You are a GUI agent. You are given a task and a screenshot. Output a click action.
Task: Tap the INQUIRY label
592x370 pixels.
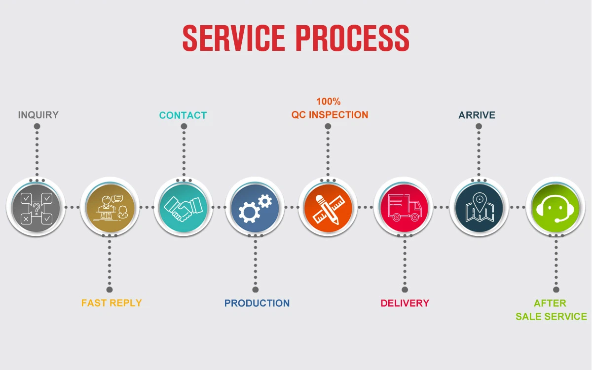[x=38, y=115]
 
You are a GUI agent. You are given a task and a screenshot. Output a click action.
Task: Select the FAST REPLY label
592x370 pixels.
[x=111, y=303]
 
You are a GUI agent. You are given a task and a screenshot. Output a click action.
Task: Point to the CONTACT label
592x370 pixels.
[x=183, y=115]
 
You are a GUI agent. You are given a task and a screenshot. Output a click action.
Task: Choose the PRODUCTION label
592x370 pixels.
[x=257, y=303]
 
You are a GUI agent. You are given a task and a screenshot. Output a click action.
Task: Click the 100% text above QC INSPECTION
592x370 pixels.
[x=329, y=102]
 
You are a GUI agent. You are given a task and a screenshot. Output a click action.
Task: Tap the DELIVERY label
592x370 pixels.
[x=405, y=303]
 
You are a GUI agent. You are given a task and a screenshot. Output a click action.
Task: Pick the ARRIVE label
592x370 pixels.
[x=477, y=115]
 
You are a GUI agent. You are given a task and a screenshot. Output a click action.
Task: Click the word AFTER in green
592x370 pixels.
[x=550, y=303]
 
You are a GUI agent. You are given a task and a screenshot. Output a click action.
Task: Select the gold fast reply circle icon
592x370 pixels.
[x=110, y=207]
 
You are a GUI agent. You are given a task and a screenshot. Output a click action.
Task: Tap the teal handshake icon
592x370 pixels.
[x=183, y=207]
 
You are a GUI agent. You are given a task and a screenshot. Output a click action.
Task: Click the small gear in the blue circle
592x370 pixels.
[x=265, y=201]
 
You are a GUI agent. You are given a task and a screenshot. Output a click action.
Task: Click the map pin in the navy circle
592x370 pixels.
[x=479, y=201]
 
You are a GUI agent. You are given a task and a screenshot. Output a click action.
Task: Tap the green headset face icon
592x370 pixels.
[x=555, y=207]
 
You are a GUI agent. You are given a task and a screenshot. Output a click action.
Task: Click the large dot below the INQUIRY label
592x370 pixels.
[x=37, y=127]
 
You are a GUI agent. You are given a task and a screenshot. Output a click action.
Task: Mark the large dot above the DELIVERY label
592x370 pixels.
[x=405, y=290]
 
